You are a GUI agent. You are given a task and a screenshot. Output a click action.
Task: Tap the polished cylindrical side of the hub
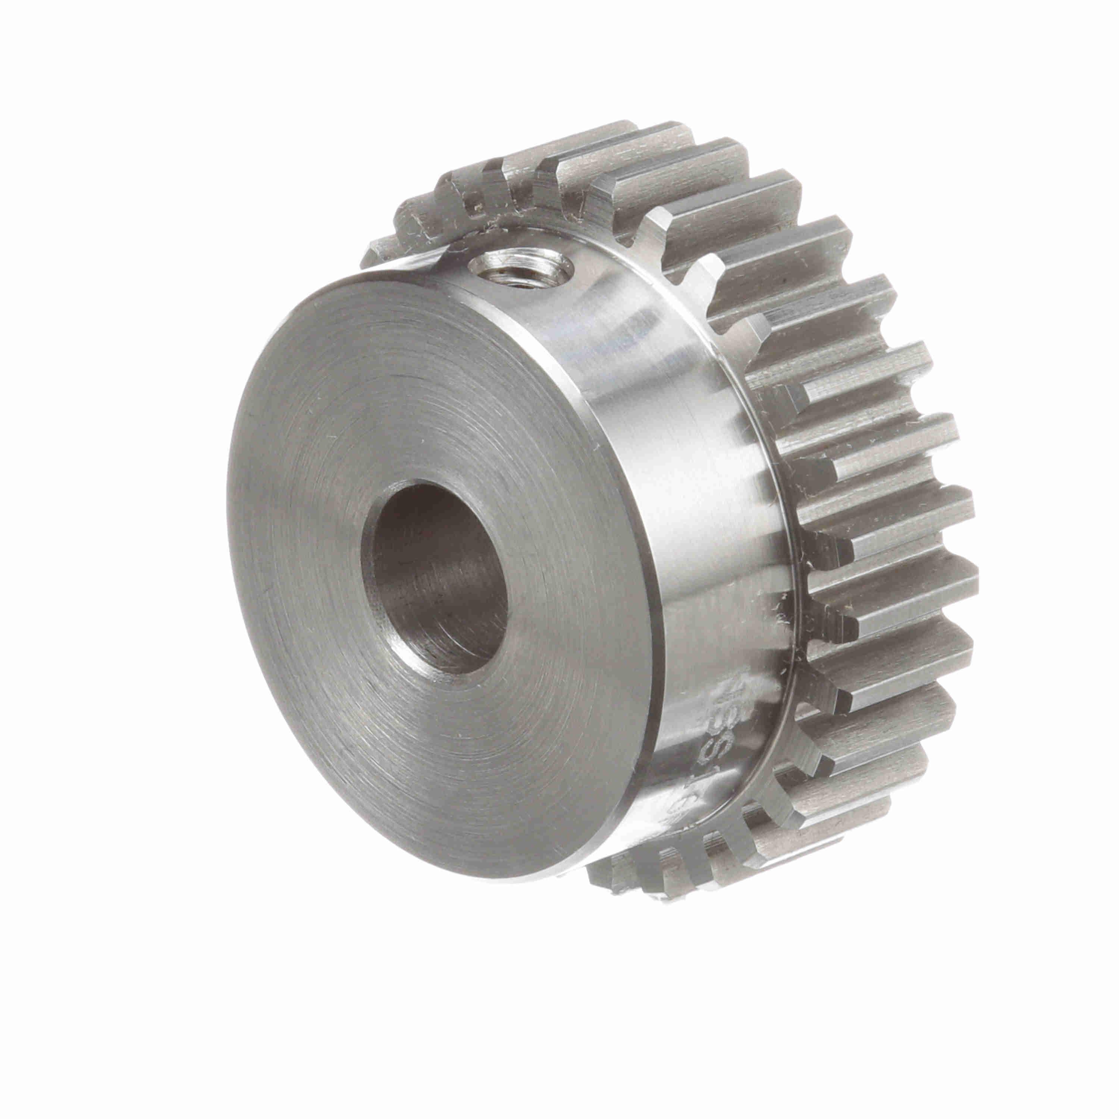(x=683, y=463)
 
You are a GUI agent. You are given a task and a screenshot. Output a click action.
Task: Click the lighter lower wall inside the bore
(x=463, y=643)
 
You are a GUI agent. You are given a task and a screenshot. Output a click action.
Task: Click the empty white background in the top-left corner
(x=87, y=87)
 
